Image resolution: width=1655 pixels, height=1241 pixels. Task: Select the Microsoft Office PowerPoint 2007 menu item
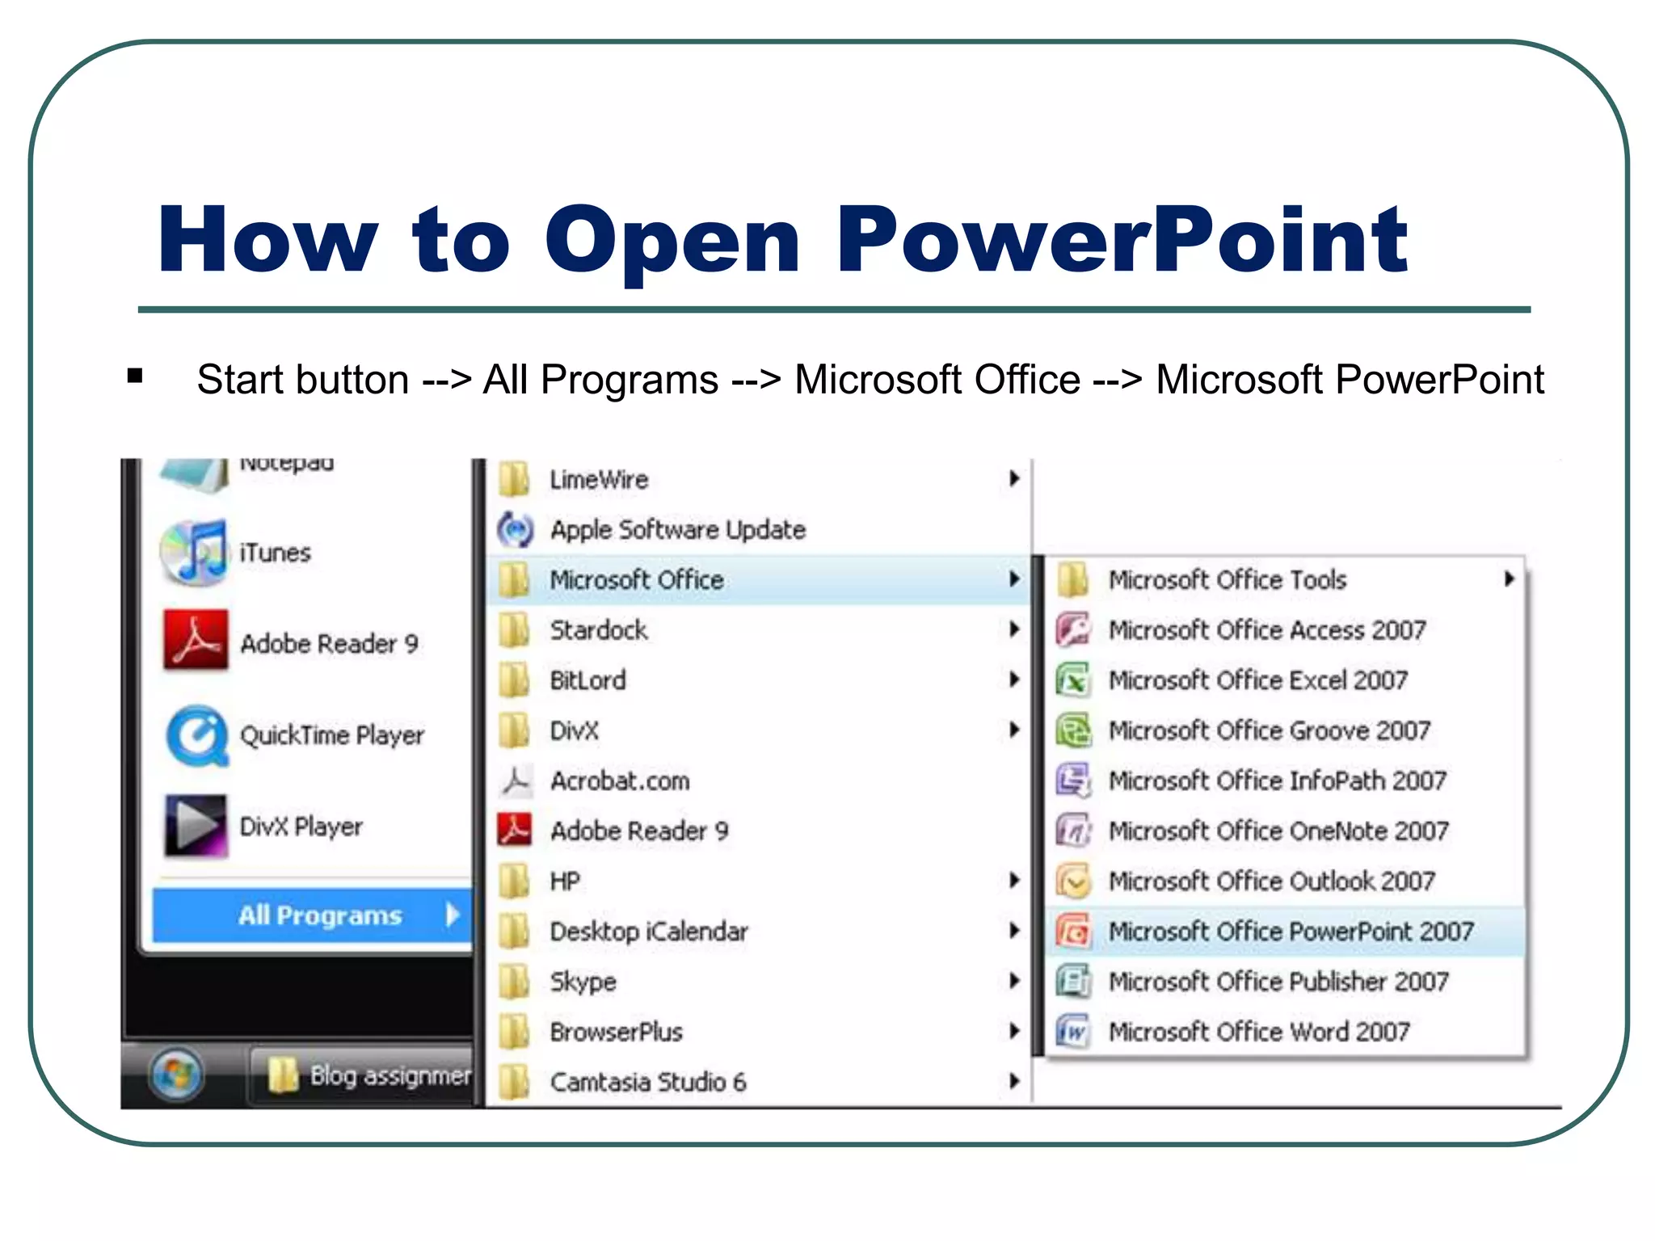(x=1290, y=932)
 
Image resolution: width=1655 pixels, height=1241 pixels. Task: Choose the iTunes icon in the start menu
(x=194, y=553)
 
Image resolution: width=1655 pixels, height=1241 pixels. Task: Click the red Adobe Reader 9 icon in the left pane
(x=195, y=642)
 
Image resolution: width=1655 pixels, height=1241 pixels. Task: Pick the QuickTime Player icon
(x=196, y=734)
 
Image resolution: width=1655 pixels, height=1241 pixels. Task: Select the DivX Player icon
(x=195, y=826)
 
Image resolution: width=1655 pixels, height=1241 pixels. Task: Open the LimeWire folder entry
(x=598, y=479)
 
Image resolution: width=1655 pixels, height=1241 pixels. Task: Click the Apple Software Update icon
(x=515, y=530)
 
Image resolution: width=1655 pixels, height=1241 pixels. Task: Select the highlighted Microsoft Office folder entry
(x=636, y=580)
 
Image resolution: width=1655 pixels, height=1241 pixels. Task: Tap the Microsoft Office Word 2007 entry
(x=1258, y=1032)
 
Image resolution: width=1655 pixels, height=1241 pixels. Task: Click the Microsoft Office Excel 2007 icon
(x=1073, y=680)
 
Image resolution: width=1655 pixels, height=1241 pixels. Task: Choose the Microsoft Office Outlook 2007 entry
(x=1271, y=881)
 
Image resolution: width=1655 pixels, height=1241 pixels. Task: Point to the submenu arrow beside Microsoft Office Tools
(x=1508, y=578)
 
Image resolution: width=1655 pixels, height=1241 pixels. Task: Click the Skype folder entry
(x=583, y=982)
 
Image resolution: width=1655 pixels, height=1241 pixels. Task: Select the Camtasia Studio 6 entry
(x=647, y=1082)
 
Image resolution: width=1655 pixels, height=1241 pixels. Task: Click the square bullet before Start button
(x=135, y=376)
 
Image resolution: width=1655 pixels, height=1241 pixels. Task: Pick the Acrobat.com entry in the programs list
(x=619, y=781)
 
